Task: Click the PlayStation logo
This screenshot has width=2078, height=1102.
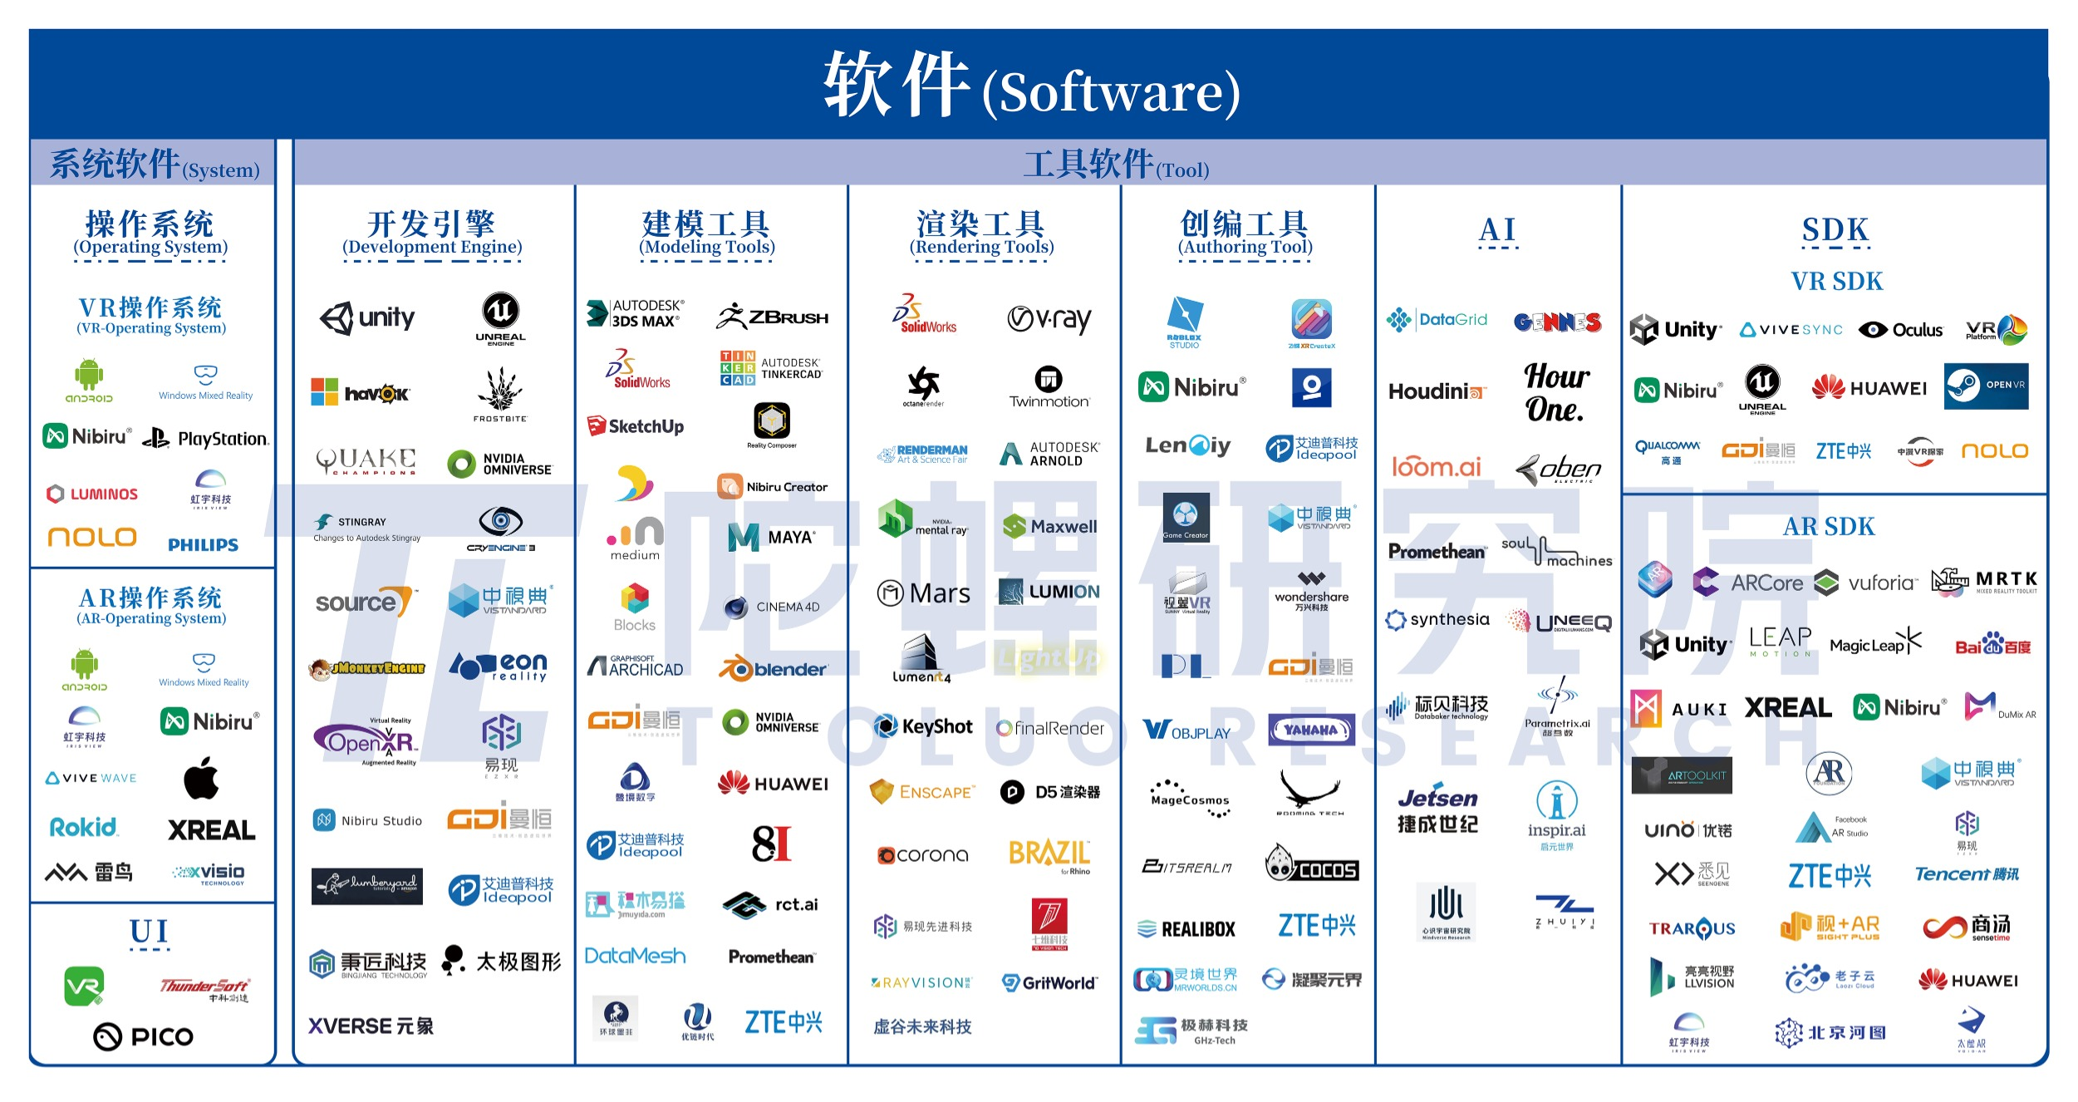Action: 205,438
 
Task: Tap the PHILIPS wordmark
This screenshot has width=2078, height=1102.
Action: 203,545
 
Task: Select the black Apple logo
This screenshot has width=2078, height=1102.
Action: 201,779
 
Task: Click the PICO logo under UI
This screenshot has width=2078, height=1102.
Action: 144,1036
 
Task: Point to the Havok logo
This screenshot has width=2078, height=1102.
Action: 360,393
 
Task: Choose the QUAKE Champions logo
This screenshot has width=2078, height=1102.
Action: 366,460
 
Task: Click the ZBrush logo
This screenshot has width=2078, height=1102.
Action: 772,317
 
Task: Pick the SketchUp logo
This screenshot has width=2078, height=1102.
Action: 636,426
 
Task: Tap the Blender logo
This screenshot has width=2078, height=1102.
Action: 773,669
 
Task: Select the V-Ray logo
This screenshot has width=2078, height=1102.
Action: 1049,319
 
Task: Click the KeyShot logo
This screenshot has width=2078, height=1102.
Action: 923,727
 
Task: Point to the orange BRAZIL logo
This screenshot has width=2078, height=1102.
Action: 1049,854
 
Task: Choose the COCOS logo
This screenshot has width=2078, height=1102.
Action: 1312,864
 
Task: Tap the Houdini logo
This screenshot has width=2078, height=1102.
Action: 1437,391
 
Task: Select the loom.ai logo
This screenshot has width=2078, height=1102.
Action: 1437,467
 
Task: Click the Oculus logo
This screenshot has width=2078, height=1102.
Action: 1901,330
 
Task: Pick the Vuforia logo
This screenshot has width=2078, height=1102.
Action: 1866,583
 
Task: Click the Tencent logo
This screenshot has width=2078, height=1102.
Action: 1967,873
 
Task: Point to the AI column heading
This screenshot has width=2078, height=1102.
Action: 1497,230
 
